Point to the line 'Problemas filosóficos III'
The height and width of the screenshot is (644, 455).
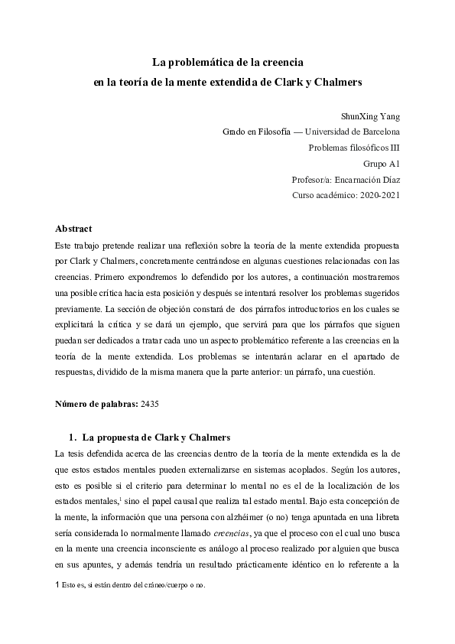354,148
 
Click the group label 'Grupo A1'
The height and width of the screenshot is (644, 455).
381,164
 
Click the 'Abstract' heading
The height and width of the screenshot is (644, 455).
73,229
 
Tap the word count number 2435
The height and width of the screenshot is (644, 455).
150,402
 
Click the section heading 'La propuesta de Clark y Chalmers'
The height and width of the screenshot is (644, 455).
156,437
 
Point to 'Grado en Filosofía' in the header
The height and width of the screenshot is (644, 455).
256,132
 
